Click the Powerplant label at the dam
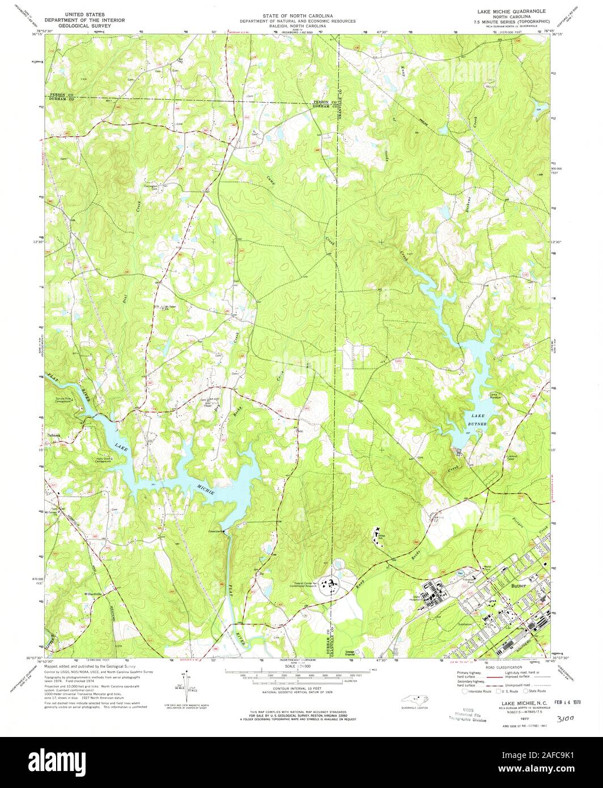pyautogui.click(x=215, y=531)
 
